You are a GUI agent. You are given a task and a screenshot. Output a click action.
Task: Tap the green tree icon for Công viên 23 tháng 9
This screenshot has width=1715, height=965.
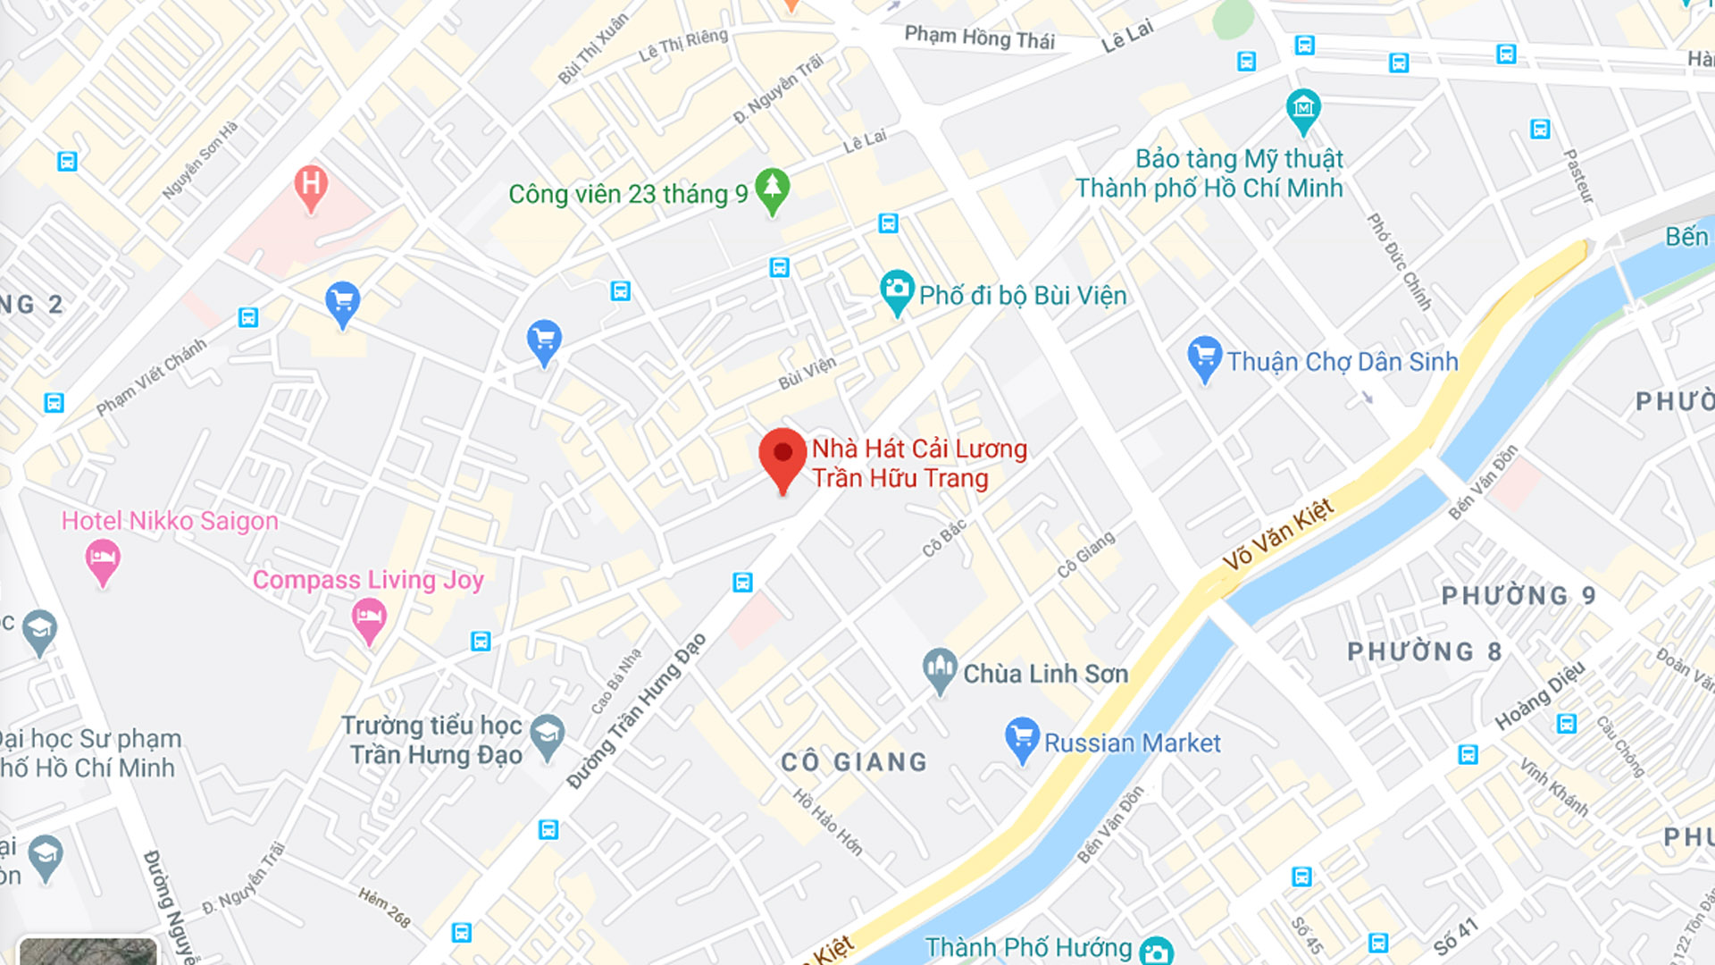point(773,189)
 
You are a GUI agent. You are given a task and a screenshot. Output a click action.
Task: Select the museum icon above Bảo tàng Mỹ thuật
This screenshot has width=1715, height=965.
point(1303,109)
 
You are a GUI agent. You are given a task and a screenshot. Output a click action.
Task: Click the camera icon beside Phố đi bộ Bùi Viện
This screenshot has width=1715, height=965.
point(896,289)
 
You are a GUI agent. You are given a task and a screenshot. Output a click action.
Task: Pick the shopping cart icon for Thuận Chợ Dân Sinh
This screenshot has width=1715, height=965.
point(1204,357)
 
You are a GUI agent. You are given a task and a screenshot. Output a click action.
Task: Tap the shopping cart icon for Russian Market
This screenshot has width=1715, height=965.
point(1022,738)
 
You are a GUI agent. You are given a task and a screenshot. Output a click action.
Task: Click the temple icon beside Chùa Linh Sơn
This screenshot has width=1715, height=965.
point(939,668)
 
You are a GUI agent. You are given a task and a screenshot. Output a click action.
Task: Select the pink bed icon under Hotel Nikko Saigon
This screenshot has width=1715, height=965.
point(103,560)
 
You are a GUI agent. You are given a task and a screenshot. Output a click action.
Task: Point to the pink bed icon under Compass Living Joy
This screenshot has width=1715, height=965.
point(368,618)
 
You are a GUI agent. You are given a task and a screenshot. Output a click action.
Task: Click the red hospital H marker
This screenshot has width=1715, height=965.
point(311,186)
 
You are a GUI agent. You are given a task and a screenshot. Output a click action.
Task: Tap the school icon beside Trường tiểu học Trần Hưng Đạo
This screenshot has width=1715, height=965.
point(547,735)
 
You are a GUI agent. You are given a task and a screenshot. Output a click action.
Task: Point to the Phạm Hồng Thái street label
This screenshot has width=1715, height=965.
point(979,38)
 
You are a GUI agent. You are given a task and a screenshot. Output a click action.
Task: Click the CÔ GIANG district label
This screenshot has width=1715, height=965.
point(854,762)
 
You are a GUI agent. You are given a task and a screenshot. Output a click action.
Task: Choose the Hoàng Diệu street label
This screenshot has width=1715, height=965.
point(1540,695)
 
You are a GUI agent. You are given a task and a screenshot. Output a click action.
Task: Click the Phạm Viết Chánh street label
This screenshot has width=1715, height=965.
point(151,377)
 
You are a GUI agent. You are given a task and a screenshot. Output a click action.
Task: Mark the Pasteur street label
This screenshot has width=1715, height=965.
point(1578,175)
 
